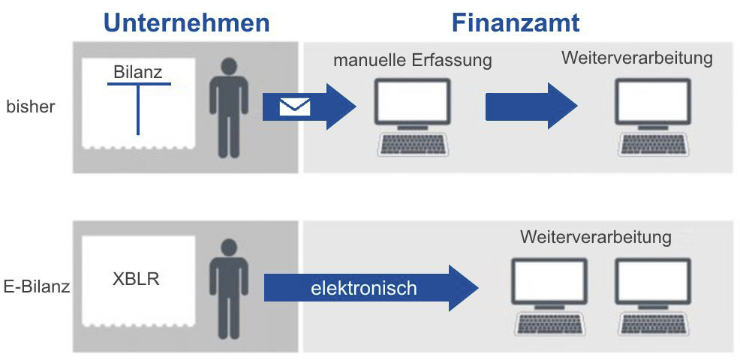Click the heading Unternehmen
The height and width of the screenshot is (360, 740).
click(186, 22)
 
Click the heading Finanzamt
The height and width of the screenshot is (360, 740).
click(515, 22)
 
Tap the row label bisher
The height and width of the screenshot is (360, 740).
click(31, 106)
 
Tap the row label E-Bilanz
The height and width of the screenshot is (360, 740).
click(37, 286)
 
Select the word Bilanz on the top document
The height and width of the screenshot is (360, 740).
click(138, 73)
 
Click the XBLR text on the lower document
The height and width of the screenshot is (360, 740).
click(135, 279)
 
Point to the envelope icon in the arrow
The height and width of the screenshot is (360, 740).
click(294, 107)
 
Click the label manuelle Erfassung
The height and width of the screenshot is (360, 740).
click(412, 60)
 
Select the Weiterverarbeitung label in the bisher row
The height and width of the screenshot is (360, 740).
click(636, 58)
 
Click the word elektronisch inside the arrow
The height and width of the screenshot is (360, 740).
click(364, 287)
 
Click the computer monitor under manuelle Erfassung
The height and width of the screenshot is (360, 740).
click(413, 102)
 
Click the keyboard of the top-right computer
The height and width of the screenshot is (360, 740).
click(652, 145)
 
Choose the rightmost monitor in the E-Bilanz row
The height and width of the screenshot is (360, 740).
click(652, 281)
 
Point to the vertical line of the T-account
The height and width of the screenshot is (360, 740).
click(138, 109)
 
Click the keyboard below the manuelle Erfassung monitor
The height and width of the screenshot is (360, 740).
click(413, 145)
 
